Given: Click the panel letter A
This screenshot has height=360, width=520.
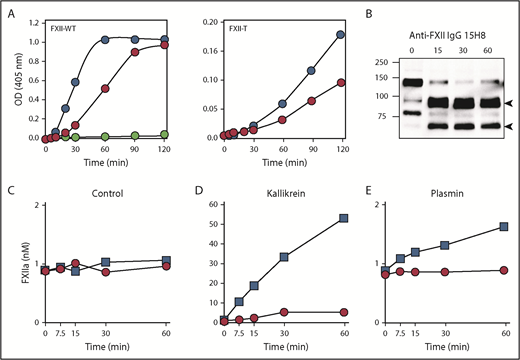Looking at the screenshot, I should click(x=9, y=10).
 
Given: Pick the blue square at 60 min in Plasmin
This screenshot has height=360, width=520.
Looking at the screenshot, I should click(x=503, y=226).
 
